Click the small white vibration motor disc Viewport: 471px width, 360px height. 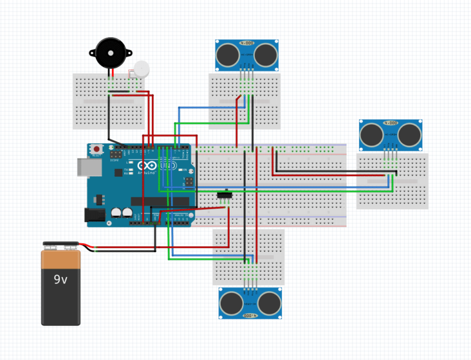tap(141, 69)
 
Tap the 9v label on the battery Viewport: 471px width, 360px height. tap(61, 279)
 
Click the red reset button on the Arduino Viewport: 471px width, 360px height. tap(96, 150)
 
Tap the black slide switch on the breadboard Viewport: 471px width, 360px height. tap(224, 194)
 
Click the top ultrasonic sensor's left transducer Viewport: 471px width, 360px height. tap(228, 55)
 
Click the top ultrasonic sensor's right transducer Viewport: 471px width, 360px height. tap(266, 55)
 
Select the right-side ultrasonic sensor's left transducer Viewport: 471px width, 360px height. tap(372, 135)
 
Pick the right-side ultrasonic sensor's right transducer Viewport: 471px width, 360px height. tap(410, 135)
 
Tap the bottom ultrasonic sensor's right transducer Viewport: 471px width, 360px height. tap(270, 303)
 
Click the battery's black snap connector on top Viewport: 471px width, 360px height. tap(61, 243)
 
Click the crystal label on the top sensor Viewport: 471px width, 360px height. tap(247, 44)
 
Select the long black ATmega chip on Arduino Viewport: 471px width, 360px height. tap(160, 202)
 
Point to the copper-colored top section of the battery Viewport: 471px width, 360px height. tap(61, 257)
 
